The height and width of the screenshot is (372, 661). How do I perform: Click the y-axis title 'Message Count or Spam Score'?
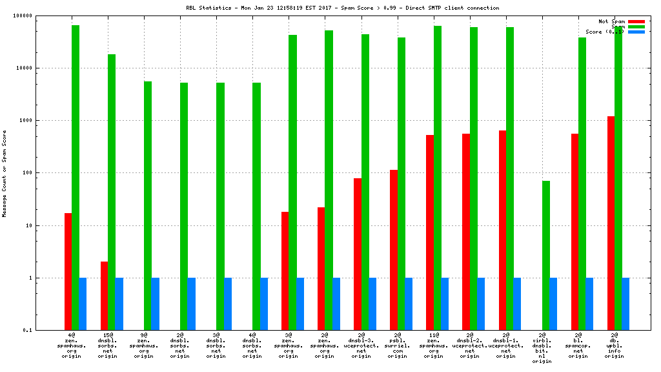pos(5,173)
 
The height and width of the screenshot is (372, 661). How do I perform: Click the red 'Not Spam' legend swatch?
pos(636,21)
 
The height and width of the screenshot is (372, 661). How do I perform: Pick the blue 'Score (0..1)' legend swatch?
pos(636,32)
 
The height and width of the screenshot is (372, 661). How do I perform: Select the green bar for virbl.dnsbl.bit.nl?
pos(546,255)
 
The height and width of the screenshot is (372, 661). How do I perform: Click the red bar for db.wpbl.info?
pos(611,223)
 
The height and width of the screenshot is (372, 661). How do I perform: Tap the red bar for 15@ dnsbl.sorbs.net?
pos(105,296)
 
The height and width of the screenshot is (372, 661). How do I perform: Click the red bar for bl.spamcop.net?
pos(575,232)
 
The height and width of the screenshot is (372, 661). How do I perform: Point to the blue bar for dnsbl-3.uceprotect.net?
pos(372,304)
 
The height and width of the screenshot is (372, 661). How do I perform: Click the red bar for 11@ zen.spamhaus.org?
pos(430,232)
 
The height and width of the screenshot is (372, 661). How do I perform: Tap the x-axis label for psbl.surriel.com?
pos(398,346)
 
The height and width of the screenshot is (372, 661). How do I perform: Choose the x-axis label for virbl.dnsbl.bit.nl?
pos(542,348)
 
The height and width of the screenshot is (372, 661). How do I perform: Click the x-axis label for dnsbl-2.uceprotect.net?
pos(470,346)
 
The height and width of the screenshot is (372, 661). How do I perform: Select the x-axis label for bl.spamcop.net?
pos(578,346)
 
